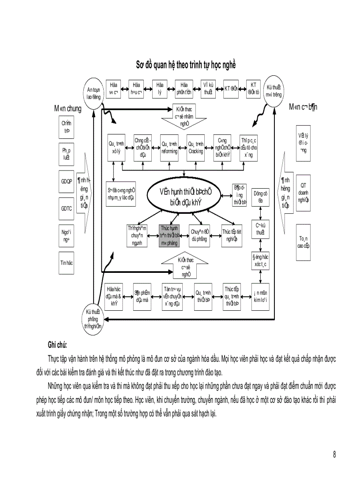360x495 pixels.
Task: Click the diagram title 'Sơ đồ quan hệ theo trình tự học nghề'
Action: [x=185, y=65]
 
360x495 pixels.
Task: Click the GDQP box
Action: [x=67, y=181]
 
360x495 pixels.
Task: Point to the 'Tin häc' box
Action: [x=67, y=262]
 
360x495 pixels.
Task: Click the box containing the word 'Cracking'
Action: [x=195, y=148]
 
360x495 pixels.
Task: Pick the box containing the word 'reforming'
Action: [x=169, y=148]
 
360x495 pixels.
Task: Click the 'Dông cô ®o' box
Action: [x=260, y=197]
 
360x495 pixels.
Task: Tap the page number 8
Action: [x=334, y=455]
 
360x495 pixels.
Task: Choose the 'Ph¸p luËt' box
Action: [x=67, y=153]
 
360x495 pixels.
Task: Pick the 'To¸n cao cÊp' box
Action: [x=303, y=242]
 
